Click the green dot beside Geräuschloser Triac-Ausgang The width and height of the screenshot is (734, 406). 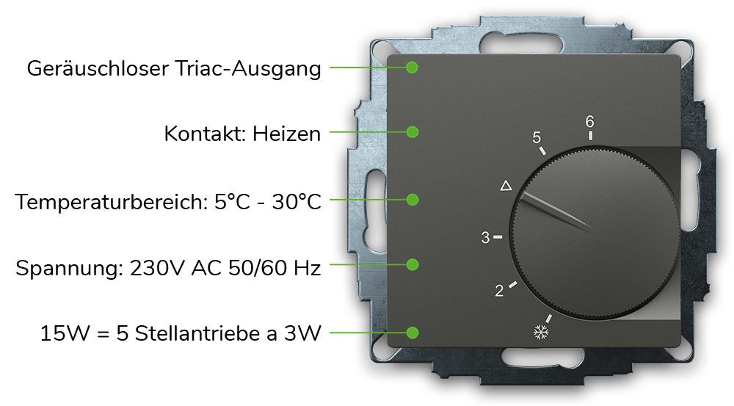412,68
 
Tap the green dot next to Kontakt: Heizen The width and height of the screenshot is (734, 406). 413,132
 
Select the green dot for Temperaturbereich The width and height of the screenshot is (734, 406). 413,200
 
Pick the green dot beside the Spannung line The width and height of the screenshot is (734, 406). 413,264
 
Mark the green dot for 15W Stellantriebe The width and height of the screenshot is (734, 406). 413,333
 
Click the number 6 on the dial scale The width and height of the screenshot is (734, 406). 590,122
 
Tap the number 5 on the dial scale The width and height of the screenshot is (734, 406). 537,137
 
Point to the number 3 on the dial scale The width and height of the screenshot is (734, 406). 485,238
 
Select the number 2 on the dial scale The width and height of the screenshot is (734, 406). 499,291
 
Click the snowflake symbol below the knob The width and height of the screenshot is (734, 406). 541,333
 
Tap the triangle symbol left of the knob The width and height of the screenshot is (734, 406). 506,186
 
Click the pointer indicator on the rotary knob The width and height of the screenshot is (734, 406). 556,211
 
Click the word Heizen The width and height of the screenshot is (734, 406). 286,134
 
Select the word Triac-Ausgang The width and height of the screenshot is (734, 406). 247,69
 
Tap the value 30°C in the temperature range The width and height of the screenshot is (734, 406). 297,203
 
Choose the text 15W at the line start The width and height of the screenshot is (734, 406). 65,334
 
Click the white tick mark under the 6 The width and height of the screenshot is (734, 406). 590,135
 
